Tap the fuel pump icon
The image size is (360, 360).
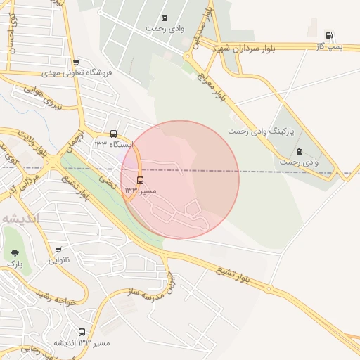coord(329,35)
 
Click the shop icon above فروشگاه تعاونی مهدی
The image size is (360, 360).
coord(76,63)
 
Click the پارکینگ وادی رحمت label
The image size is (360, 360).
coord(262,131)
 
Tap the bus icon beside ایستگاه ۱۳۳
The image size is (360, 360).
coord(114,134)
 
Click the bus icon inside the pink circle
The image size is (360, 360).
coord(141,180)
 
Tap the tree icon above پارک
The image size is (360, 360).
coord(15,252)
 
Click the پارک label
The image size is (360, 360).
coord(15,263)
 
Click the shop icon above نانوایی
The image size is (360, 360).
coord(58,250)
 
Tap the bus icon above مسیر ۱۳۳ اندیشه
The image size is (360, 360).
coord(82,333)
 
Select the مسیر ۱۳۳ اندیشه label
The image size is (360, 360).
coord(82,342)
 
